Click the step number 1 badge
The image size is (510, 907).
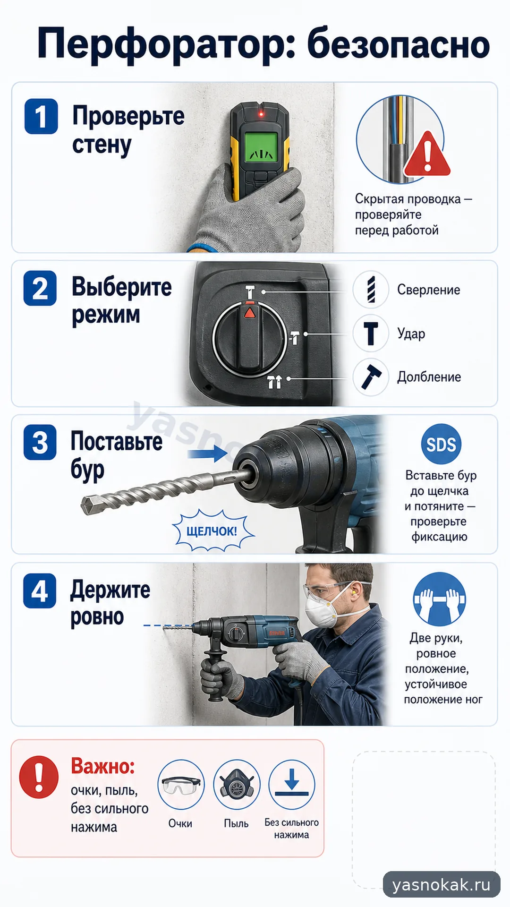coord(41,116)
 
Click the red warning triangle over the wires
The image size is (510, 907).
coord(427,154)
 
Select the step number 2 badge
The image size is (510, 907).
coord(40,288)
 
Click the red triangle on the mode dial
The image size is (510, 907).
coord(249,312)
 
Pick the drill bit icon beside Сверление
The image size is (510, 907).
coord(371,289)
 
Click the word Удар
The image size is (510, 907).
coord(411,334)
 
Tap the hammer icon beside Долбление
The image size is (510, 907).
coord(371,376)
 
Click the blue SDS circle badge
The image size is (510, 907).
coord(441,444)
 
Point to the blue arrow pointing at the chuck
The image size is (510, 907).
coord(208,454)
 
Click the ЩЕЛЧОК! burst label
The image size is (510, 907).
coord(212,531)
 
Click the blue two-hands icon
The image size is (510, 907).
coord(439,599)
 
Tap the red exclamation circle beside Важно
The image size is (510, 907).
coord(39,777)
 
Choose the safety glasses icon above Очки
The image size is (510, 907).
coord(180,785)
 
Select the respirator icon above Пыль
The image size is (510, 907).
coord(236,785)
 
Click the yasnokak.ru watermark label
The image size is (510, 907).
coord(442,884)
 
